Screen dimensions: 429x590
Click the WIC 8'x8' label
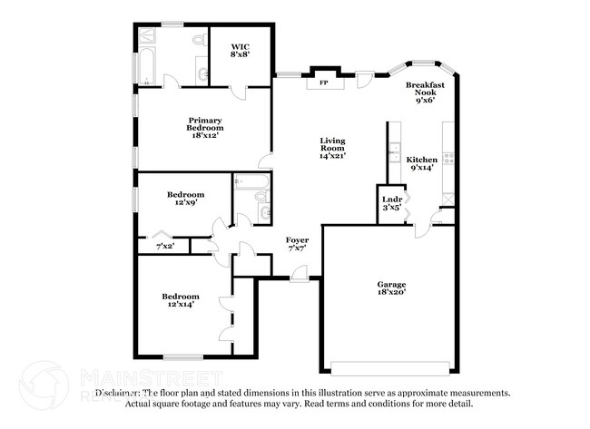click(x=240, y=50)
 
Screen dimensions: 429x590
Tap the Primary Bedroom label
click(x=205, y=124)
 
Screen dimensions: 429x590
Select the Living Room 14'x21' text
click(x=332, y=148)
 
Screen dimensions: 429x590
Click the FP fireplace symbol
click(x=323, y=83)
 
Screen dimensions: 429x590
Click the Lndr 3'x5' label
click(x=392, y=203)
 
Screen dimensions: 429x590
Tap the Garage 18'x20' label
click(x=391, y=288)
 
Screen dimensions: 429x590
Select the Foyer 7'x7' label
click(x=297, y=243)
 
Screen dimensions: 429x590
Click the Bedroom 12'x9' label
click(x=185, y=199)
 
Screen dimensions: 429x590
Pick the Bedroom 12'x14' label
click(x=181, y=300)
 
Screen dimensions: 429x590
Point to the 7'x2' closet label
click(x=165, y=246)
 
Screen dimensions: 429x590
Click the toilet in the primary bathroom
click(x=199, y=41)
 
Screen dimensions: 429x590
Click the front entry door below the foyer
click(x=299, y=278)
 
